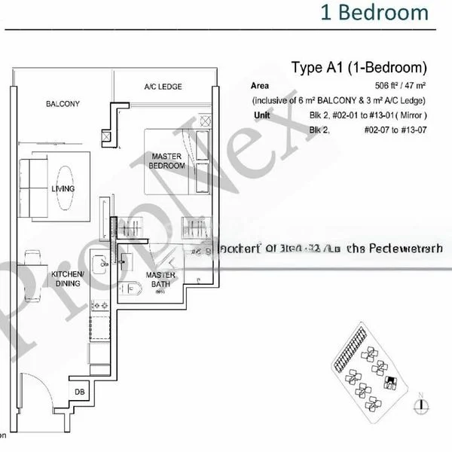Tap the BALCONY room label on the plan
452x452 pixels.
click(x=63, y=104)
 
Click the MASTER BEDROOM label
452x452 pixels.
click(x=167, y=160)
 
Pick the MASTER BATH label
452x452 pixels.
click(x=160, y=279)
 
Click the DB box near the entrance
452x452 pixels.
click(x=80, y=391)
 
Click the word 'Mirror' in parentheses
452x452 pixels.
click(x=411, y=115)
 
